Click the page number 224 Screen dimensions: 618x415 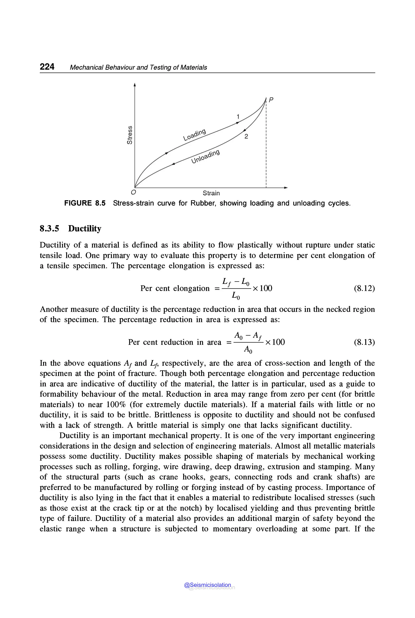pyautogui.click(x=47, y=66)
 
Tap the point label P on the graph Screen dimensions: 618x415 pyautogui.click(x=271, y=100)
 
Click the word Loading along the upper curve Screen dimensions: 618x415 pyautogui.click(x=195, y=135)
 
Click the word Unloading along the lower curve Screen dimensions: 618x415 pyautogui.click(x=205, y=156)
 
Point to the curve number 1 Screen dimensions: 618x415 pyautogui.click(x=238, y=117)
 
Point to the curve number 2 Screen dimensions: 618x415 pyautogui.click(x=246, y=136)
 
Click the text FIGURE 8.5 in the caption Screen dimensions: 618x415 pyautogui.click(x=85, y=203)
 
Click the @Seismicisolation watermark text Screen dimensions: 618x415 pyautogui.click(x=208, y=585)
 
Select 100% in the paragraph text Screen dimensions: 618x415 pyautogui.click(x=117, y=404)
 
